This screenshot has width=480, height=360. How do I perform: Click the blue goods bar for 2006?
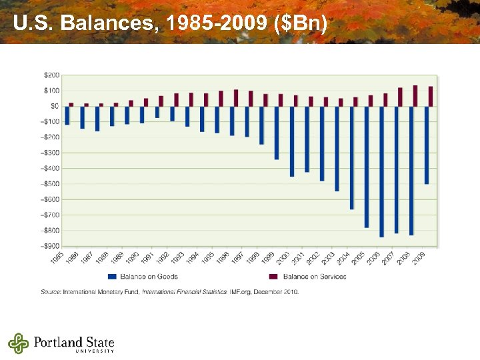point(381,171)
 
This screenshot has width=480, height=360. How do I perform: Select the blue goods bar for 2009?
point(427,145)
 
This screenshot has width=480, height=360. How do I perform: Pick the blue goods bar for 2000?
point(292,141)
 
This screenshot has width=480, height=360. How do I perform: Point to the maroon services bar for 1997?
point(251,98)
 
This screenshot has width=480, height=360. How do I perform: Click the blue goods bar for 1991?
point(157,112)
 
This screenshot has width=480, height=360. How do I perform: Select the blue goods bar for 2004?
point(352,157)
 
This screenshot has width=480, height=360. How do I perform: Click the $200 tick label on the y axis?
point(51,75)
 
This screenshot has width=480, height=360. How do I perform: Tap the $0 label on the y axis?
point(55,106)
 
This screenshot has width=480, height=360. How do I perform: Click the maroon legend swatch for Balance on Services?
point(273,277)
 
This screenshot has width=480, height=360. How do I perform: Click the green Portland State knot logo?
point(19,343)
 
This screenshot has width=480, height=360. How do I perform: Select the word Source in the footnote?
point(51,291)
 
